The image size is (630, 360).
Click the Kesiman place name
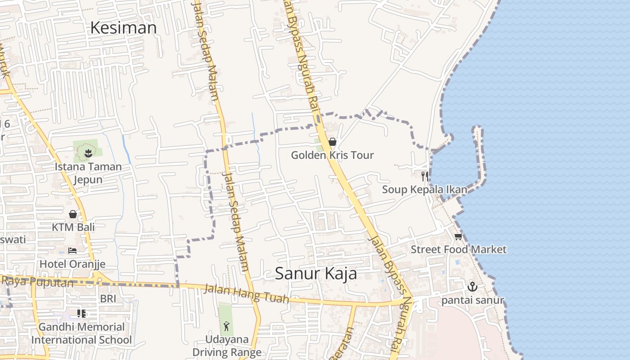tap(123, 28)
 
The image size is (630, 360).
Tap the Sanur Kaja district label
tap(316, 273)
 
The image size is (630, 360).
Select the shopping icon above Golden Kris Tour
tap(333, 142)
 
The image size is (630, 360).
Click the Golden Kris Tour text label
tap(332, 155)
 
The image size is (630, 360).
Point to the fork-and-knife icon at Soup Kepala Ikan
tap(424, 176)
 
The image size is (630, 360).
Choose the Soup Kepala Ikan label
tap(424, 189)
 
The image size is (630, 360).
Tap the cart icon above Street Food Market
tap(458, 237)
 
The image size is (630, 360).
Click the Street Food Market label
tap(458, 249)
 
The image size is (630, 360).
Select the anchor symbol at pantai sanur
tap(472, 286)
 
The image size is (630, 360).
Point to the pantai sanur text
tap(472, 300)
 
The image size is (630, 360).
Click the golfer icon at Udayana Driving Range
tap(226, 326)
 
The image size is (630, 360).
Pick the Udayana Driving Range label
tap(227, 346)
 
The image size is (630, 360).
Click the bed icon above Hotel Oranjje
tap(72, 250)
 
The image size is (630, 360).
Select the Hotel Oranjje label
tap(72, 264)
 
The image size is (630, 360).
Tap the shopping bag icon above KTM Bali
tap(73, 214)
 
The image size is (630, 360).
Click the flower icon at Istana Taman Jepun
tap(88, 153)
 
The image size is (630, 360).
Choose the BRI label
tap(108, 299)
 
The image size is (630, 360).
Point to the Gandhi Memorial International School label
tap(81, 333)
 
